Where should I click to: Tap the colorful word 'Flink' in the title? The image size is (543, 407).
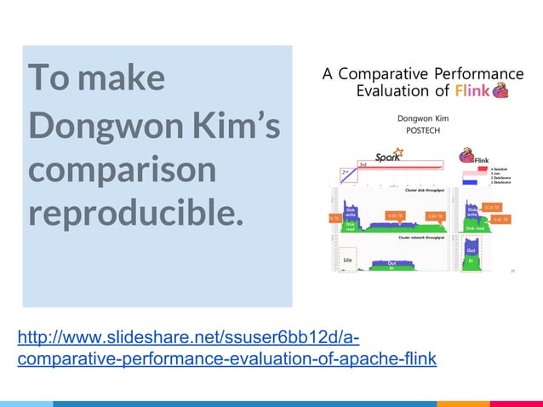pyautogui.click(x=472, y=91)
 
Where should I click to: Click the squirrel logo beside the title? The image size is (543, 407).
pyautogui.click(x=502, y=90)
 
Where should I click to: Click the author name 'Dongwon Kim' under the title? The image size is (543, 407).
pyautogui.click(x=423, y=119)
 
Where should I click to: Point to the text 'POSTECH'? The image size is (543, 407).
pyautogui.click(x=423, y=134)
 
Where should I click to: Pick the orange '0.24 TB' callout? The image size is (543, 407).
pyautogui.click(x=492, y=207)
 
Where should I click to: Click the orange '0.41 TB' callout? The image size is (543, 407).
pyautogui.click(x=501, y=220)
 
